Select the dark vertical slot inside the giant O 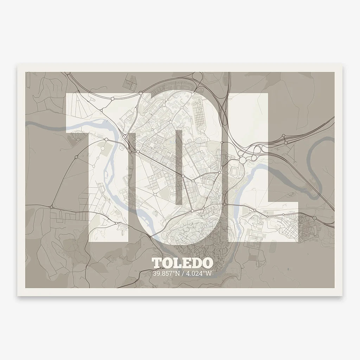tap(179, 167)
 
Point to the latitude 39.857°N tap(166, 273)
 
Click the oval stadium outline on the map tap(233, 172)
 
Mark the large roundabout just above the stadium tap(242, 160)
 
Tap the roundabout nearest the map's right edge tap(314, 218)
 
